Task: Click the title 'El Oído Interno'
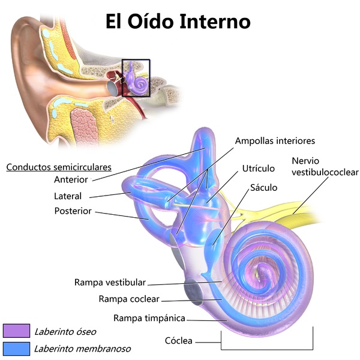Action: (x=178, y=22)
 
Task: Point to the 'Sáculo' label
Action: (x=264, y=187)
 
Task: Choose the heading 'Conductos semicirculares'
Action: (x=59, y=167)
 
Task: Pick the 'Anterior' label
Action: (x=71, y=179)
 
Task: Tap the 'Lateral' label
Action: (x=68, y=196)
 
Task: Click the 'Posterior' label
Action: (x=73, y=211)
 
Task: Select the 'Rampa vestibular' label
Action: (x=110, y=282)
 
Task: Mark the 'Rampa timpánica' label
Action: (x=149, y=317)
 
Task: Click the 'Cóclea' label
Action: (x=178, y=341)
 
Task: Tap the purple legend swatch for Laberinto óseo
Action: (x=16, y=331)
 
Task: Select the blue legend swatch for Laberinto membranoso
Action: (x=16, y=348)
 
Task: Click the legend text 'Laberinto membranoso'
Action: (x=82, y=348)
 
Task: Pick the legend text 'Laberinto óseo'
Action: (x=65, y=331)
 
